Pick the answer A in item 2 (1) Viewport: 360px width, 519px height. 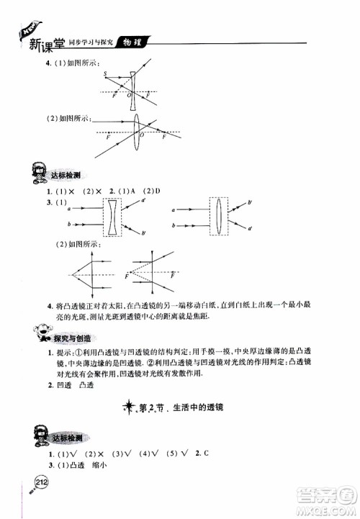[133, 190]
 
